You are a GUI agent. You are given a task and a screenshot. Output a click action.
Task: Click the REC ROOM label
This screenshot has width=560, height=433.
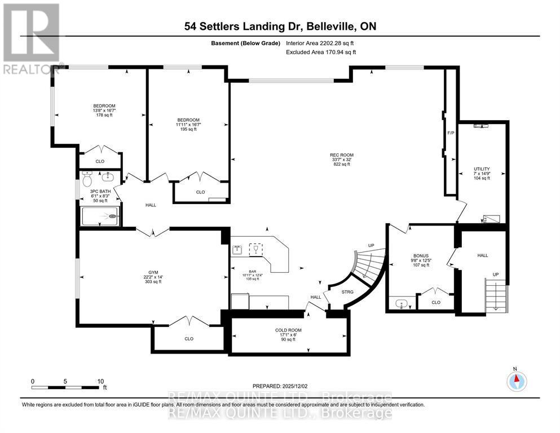coord(342,155)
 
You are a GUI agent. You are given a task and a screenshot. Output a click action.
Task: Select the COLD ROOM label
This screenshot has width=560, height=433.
coord(288,330)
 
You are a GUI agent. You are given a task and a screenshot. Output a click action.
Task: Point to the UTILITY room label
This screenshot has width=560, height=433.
coord(482,169)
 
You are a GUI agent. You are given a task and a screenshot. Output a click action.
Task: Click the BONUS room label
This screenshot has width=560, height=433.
coord(420,255)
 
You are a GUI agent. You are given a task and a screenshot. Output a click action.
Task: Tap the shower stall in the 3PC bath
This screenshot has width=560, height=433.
coord(100,216)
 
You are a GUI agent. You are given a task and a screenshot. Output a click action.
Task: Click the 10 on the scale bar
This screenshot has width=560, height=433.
coord(101,381)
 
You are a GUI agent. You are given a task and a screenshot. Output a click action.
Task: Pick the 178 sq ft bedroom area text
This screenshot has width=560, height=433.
coord(104,115)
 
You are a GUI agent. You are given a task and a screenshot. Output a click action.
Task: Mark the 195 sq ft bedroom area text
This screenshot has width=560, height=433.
coord(188,129)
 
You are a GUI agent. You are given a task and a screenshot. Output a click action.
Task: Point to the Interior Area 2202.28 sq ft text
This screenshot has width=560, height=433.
coord(323,43)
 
